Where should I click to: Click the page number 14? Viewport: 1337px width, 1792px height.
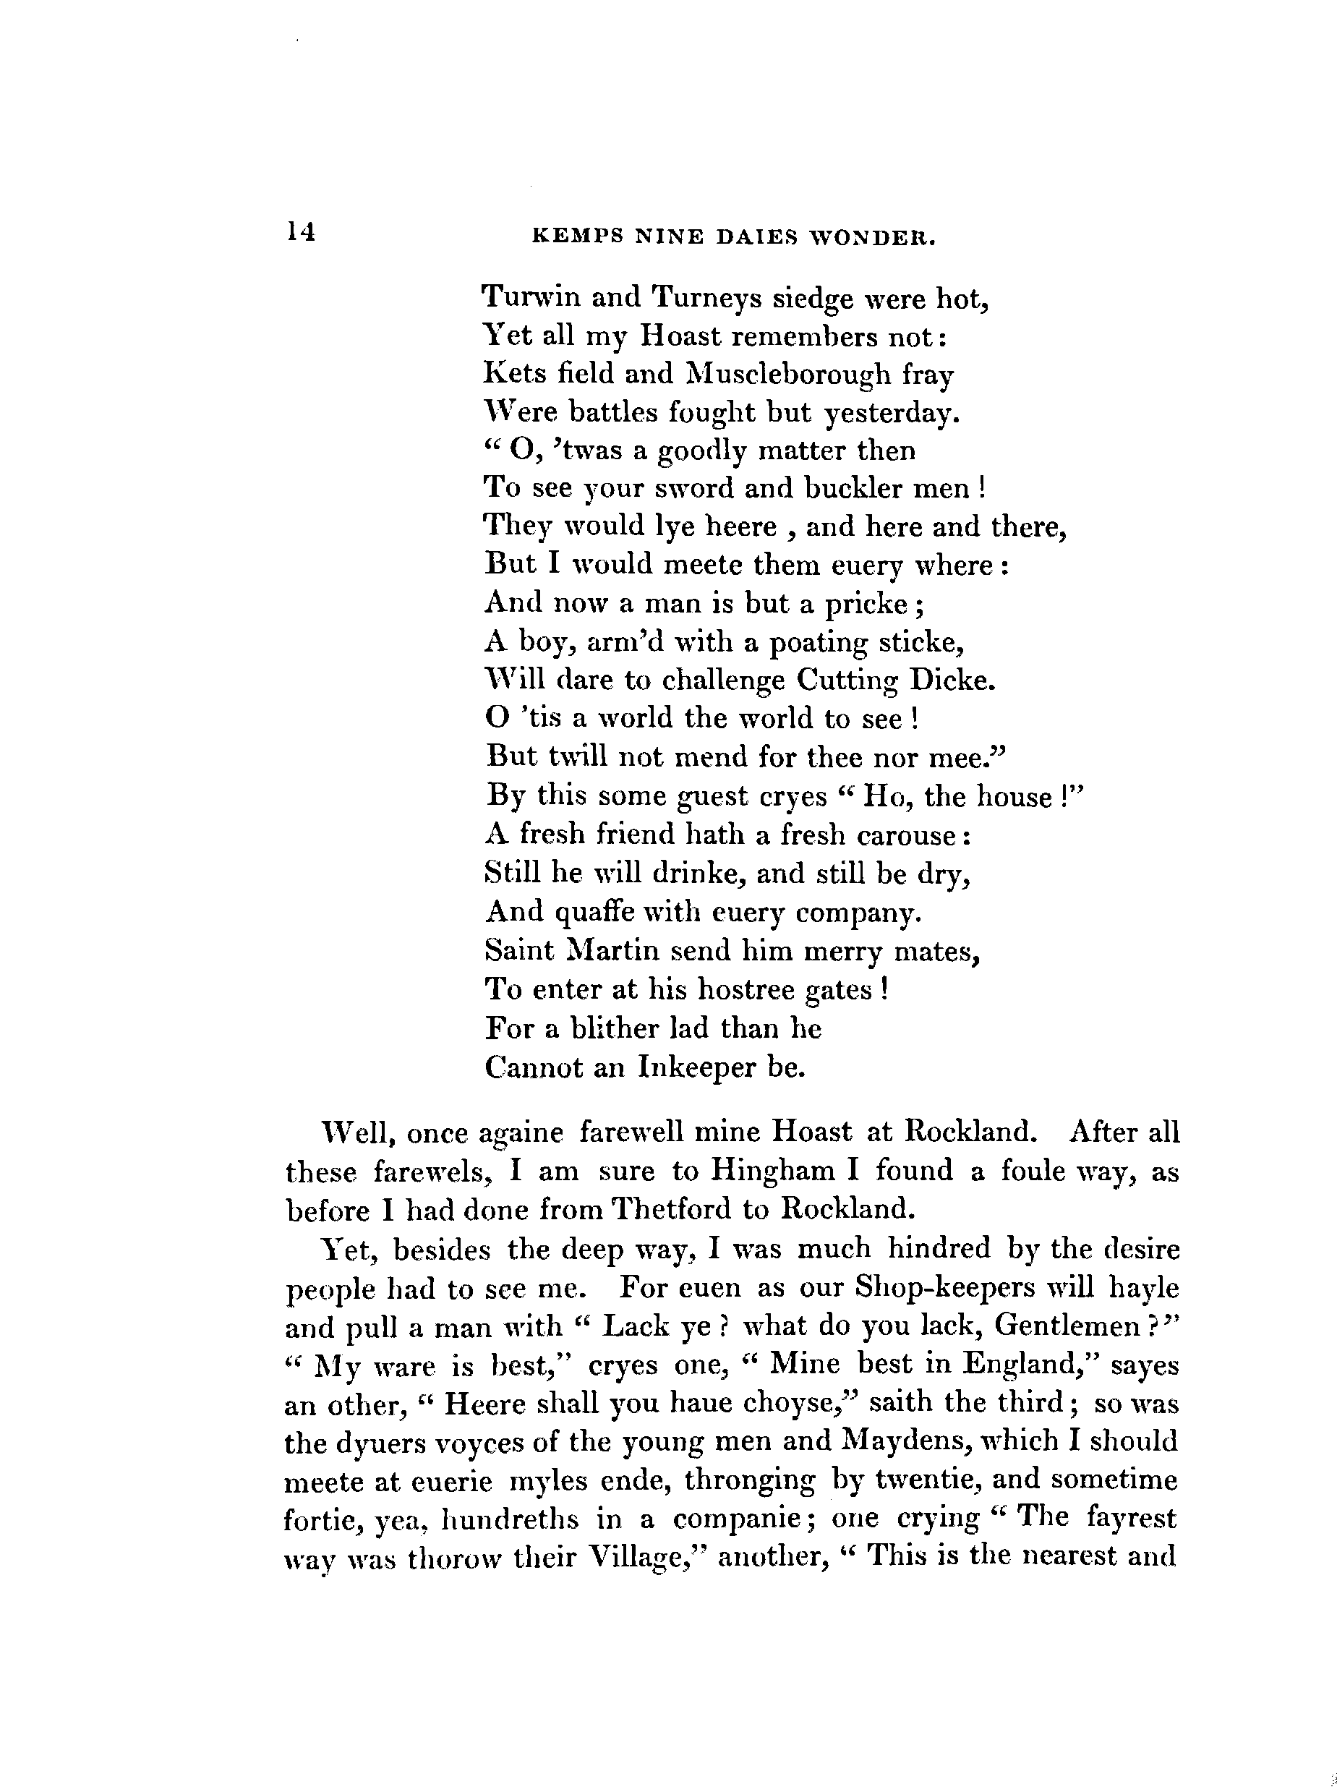(299, 233)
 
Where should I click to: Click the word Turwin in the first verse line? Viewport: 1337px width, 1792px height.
(531, 298)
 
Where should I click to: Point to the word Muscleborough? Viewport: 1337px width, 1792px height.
(787, 375)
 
